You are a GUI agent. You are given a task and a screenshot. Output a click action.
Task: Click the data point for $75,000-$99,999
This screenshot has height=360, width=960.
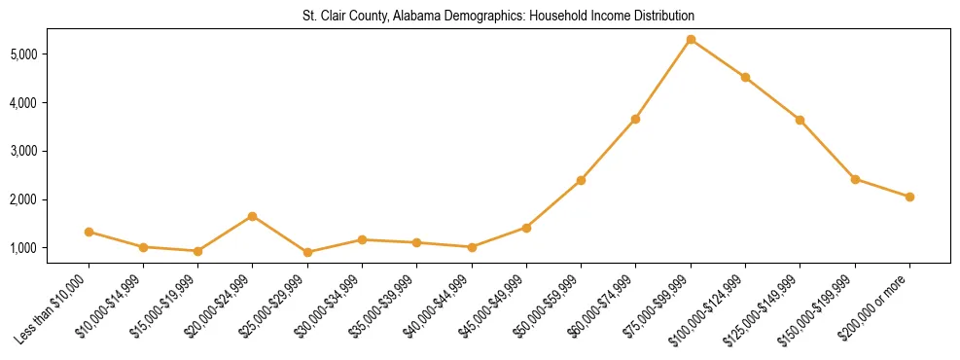(x=691, y=40)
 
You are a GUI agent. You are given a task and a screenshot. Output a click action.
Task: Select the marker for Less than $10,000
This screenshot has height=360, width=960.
(x=89, y=232)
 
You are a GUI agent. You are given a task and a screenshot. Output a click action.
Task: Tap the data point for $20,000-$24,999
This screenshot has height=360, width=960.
(x=253, y=216)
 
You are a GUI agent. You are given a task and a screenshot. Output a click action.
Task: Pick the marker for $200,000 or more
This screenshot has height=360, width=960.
(x=909, y=197)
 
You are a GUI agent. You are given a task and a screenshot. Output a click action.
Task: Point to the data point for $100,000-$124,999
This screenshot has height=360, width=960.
(x=745, y=77)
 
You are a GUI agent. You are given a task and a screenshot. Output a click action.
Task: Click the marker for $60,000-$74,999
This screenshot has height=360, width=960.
(x=635, y=119)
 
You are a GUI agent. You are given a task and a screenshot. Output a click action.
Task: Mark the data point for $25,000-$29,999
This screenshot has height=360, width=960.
(x=307, y=252)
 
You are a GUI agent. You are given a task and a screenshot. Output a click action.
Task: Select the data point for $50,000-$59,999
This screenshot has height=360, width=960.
(x=581, y=180)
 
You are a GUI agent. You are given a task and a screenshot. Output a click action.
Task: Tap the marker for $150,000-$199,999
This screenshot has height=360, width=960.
(x=855, y=179)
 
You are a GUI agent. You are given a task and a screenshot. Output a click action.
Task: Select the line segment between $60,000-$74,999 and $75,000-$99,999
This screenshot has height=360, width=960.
(x=663, y=79)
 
